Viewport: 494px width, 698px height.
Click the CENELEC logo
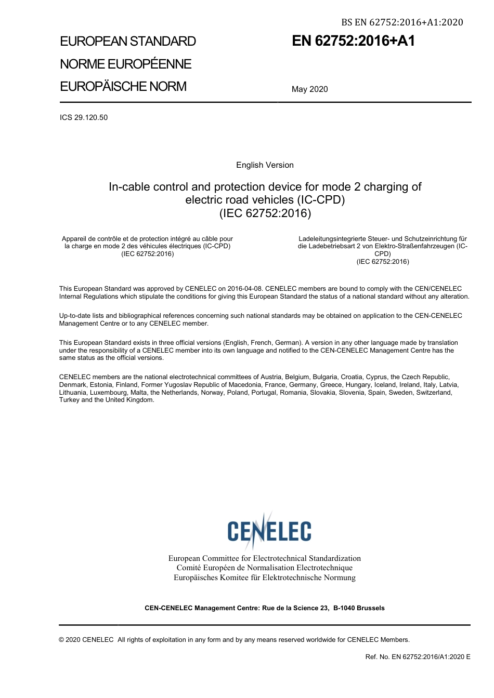(269, 530)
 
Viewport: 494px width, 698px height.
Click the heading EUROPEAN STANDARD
(128, 42)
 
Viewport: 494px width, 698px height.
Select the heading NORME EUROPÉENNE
(126, 64)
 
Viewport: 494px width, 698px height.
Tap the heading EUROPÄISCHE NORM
(123, 86)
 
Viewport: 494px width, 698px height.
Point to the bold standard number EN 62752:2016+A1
(353, 41)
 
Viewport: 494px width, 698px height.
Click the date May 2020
(309, 89)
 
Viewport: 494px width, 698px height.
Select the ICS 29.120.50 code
(84, 117)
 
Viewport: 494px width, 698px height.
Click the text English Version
(265, 165)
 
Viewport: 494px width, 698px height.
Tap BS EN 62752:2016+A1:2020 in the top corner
(401, 22)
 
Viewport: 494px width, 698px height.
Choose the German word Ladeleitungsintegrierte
(335, 239)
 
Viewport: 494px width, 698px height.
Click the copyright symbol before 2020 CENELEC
(62, 640)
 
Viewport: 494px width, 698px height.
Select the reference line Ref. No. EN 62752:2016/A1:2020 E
(418, 657)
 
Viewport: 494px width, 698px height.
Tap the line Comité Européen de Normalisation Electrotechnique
(264, 568)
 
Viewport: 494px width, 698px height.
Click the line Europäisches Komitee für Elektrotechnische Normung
(264, 578)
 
